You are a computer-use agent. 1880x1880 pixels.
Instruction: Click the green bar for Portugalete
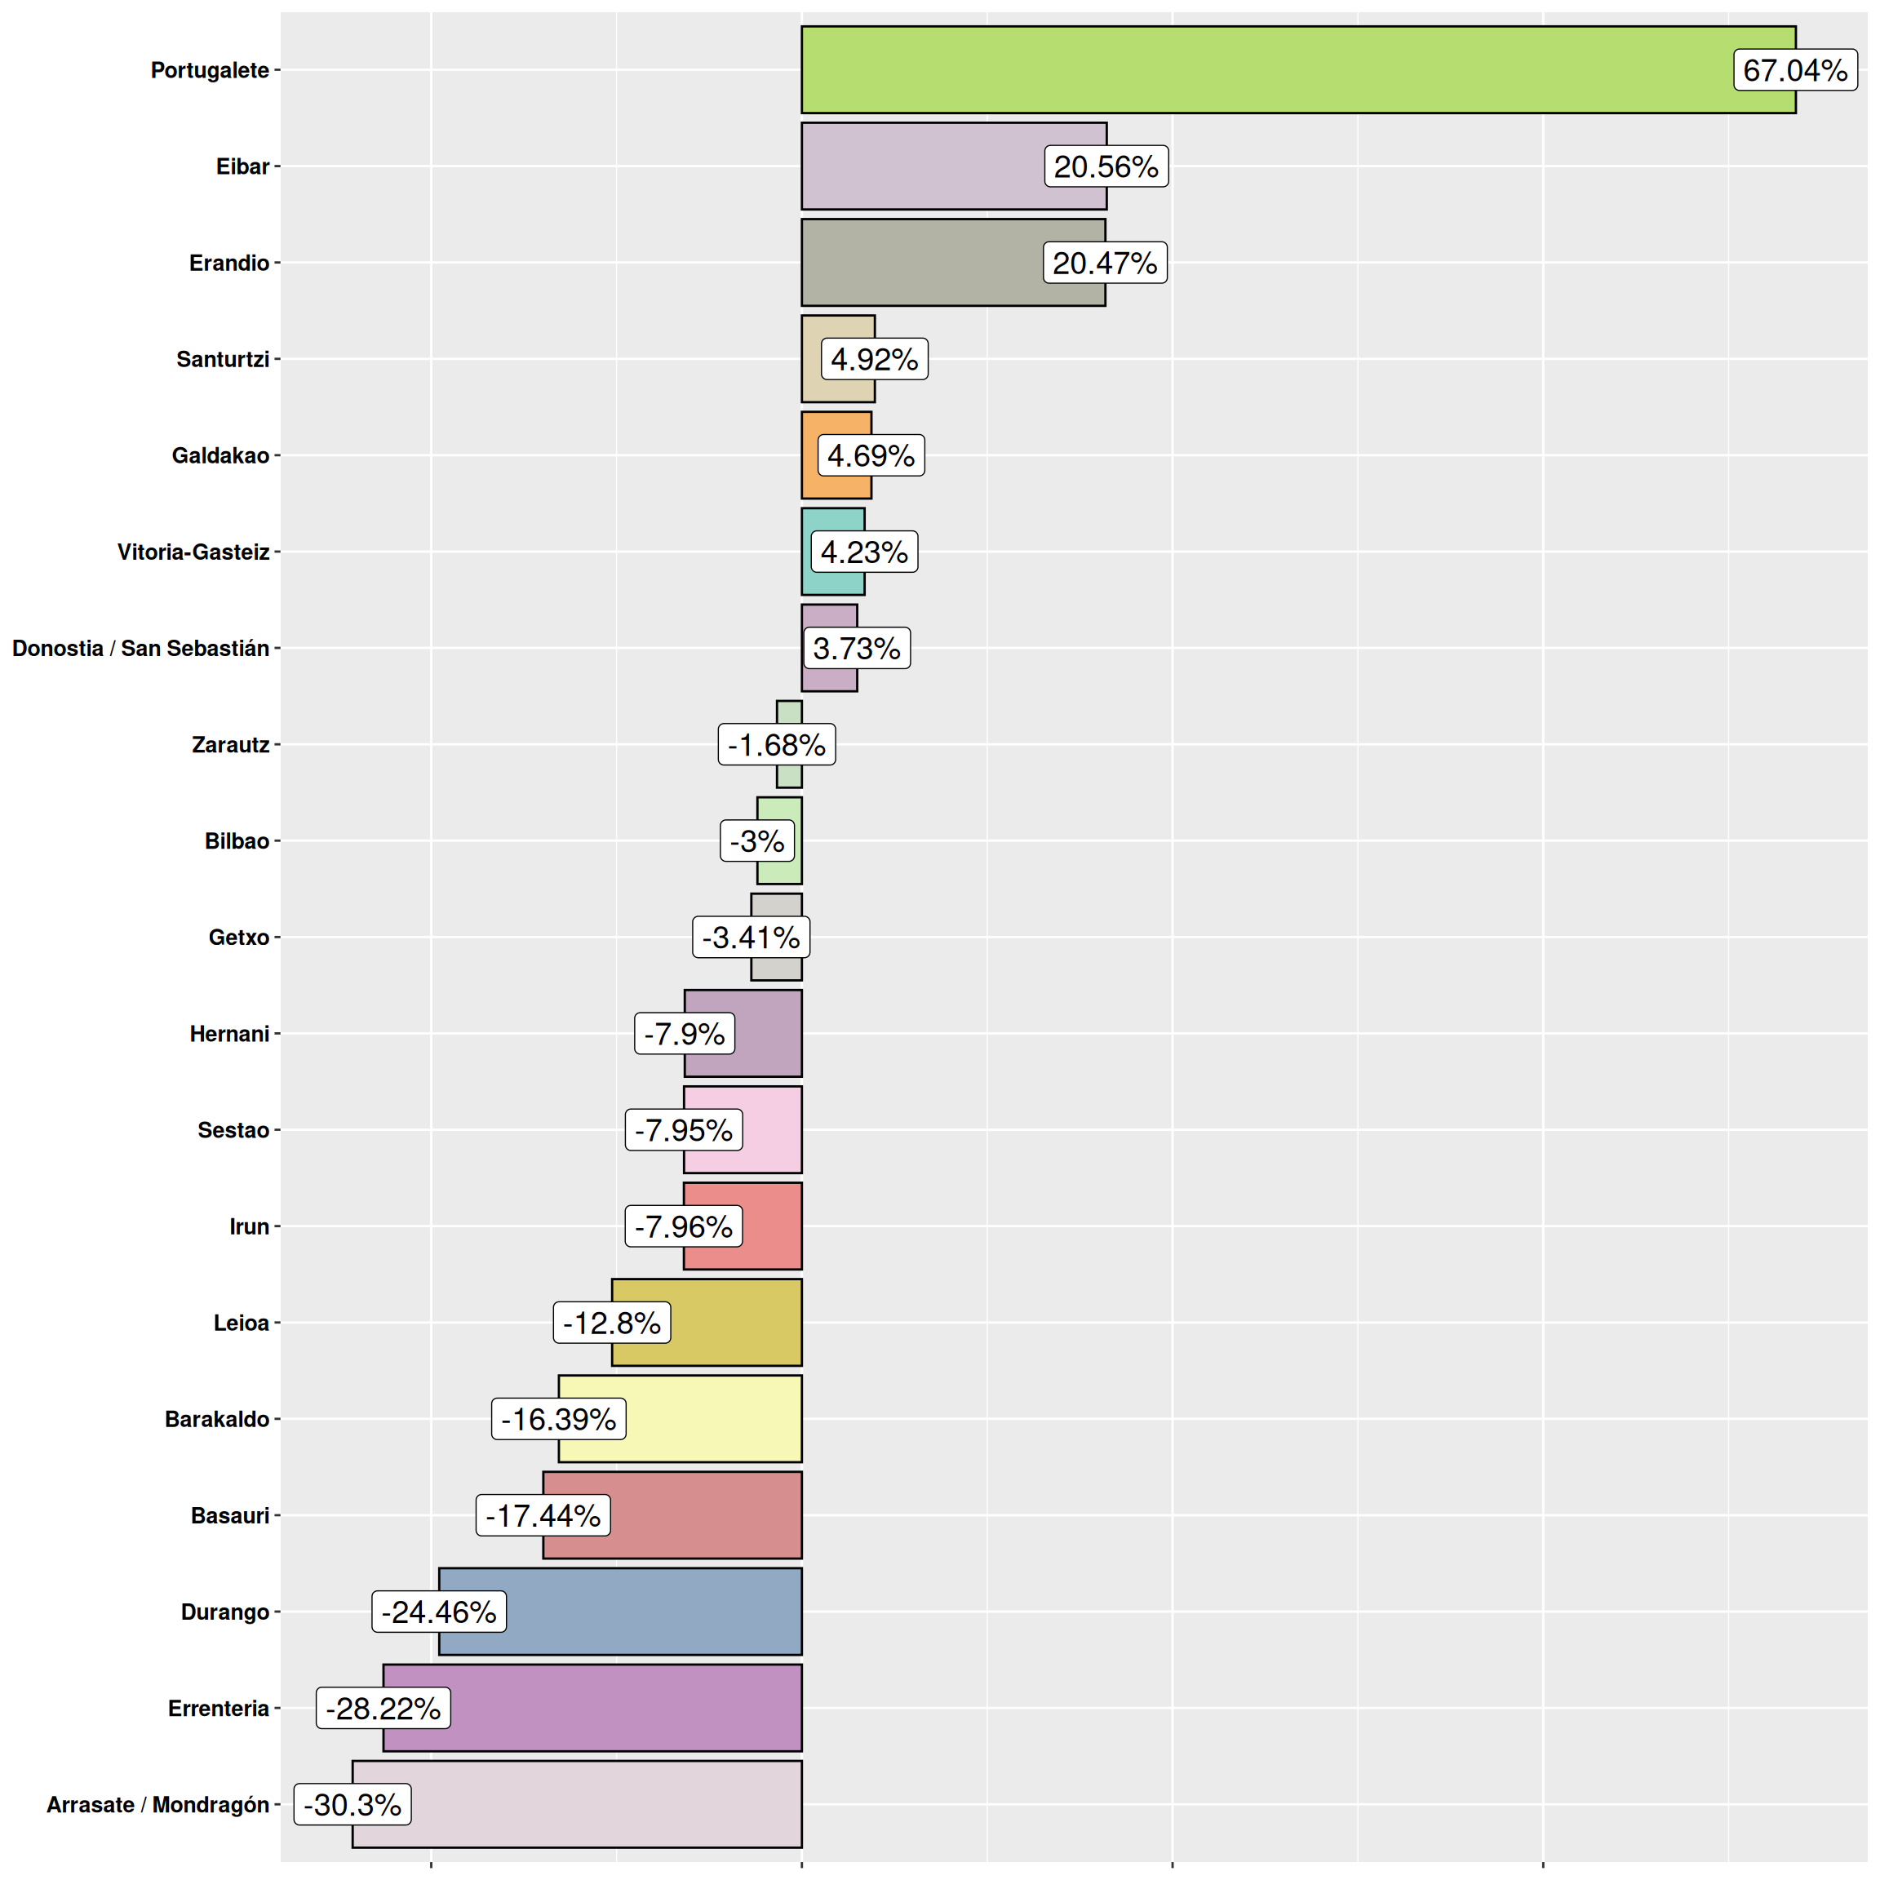click(x=1265, y=70)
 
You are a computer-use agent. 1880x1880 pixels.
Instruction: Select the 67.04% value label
click(x=1794, y=70)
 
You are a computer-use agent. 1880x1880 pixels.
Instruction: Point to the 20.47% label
click(x=1105, y=263)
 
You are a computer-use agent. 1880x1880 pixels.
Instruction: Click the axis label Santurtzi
click(x=223, y=359)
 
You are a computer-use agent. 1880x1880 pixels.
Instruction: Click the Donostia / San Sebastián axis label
click(x=140, y=648)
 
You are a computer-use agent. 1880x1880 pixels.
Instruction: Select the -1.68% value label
click(x=777, y=744)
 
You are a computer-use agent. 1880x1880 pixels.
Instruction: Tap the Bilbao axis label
click(x=237, y=840)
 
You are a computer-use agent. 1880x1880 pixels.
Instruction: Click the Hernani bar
click(x=769, y=1033)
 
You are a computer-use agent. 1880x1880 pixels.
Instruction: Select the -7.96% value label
click(x=683, y=1226)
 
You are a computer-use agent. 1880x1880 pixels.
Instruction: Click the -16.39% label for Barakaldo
click(x=559, y=1419)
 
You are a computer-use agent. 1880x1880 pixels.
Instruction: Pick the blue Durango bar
click(x=652, y=1612)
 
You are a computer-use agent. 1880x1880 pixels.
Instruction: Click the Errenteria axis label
click(x=218, y=1708)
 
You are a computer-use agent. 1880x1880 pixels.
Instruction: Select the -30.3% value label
click(x=352, y=1804)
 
